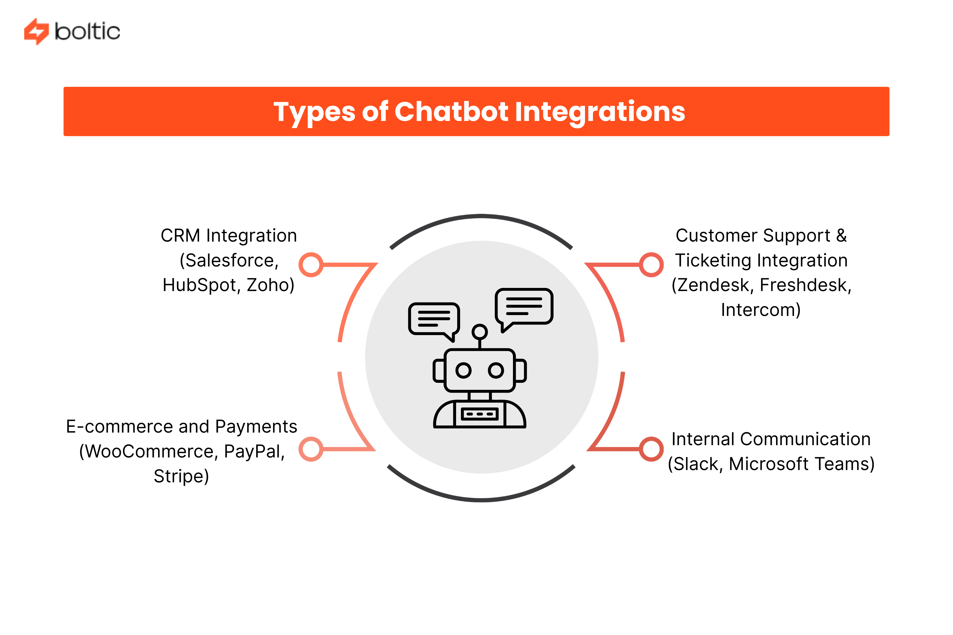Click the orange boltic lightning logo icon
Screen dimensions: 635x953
pyautogui.click(x=36, y=31)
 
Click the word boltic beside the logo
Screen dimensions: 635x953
pyautogui.click(x=87, y=31)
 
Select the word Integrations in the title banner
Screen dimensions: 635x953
pyautogui.click(x=599, y=112)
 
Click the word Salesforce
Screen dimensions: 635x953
pyautogui.click(x=229, y=260)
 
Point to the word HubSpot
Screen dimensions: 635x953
pyautogui.click(x=201, y=285)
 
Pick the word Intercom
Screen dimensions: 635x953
pyautogui.click(x=760, y=310)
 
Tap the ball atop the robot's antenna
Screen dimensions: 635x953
pyautogui.click(x=480, y=332)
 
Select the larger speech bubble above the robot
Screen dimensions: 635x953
pyautogui.click(x=524, y=306)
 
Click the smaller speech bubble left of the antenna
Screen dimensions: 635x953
pyautogui.click(x=434, y=319)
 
